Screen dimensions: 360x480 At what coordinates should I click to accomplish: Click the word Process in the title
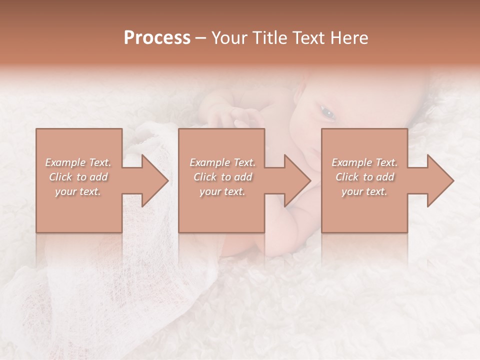tap(157, 38)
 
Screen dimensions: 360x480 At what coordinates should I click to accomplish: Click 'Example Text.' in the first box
tap(78, 162)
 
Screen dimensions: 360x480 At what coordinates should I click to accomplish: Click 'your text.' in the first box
tap(78, 191)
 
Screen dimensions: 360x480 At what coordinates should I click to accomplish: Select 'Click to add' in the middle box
tap(222, 177)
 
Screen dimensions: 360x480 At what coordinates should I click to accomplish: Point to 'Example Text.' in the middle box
tap(222, 162)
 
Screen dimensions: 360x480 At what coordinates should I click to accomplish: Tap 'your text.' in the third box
tap(364, 191)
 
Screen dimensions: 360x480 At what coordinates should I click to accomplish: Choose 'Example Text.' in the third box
tap(364, 162)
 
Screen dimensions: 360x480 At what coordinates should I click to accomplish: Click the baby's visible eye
tap(328, 114)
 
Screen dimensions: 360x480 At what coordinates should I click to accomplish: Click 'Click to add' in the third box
tap(364, 177)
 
